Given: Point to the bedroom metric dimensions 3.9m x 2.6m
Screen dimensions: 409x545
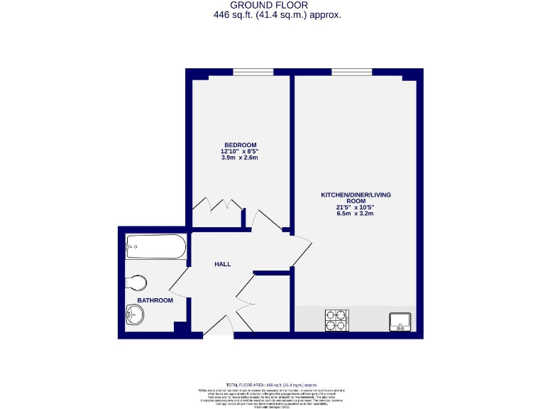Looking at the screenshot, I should coord(239,158).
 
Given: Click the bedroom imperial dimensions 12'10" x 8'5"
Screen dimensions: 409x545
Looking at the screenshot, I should coord(239,151).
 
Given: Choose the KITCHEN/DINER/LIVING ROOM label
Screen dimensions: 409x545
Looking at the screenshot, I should coord(356,197).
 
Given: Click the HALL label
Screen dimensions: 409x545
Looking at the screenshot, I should coord(222,264).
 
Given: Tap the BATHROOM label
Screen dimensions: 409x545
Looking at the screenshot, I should coord(155,300).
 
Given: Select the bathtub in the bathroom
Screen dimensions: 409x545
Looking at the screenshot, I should coord(155,248).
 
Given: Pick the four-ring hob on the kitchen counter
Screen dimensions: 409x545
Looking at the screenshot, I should coord(337,320).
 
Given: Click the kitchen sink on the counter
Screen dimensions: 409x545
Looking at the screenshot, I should coord(400,322).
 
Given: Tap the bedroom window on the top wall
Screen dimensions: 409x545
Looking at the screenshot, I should coord(253,71).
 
